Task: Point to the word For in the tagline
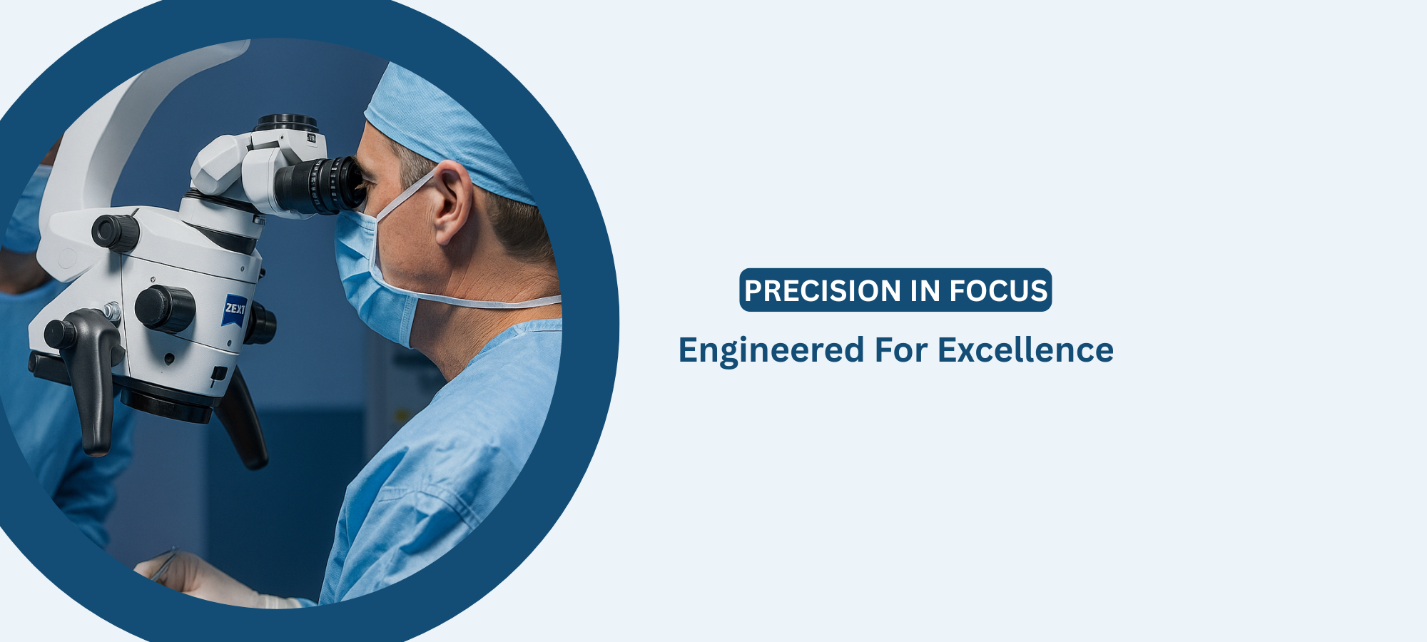pyautogui.click(x=901, y=350)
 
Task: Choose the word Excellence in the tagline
pyautogui.click(x=1025, y=350)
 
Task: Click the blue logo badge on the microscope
pyautogui.click(x=234, y=310)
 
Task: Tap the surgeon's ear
pyautogui.click(x=452, y=203)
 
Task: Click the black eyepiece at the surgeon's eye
pyautogui.click(x=320, y=185)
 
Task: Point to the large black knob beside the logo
pyautogui.click(x=165, y=309)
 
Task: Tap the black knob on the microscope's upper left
pyautogui.click(x=115, y=232)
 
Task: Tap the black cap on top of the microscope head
pyautogui.click(x=288, y=123)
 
